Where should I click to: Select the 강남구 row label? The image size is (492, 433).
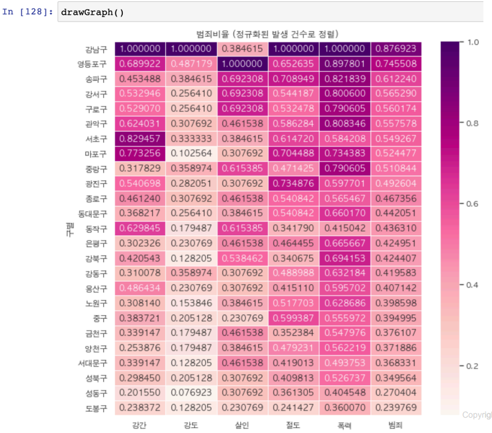(96, 49)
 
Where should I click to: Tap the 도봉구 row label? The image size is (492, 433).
(96, 408)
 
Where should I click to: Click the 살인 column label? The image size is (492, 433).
(242, 424)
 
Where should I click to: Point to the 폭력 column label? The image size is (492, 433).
(345, 424)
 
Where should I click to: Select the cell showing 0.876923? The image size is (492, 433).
(396, 49)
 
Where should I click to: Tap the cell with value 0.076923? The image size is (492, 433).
(191, 392)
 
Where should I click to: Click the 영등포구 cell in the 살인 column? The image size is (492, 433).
(242, 64)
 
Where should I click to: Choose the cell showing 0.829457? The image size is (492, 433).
(140, 139)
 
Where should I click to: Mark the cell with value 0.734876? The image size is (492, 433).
(293, 184)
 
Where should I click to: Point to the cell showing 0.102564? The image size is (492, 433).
(191, 154)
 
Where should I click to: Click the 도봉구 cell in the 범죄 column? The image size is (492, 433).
(396, 408)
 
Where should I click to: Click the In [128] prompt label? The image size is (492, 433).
(28, 12)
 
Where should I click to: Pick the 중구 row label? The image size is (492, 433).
(100, 318)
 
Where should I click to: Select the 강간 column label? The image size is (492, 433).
(140, 424)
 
